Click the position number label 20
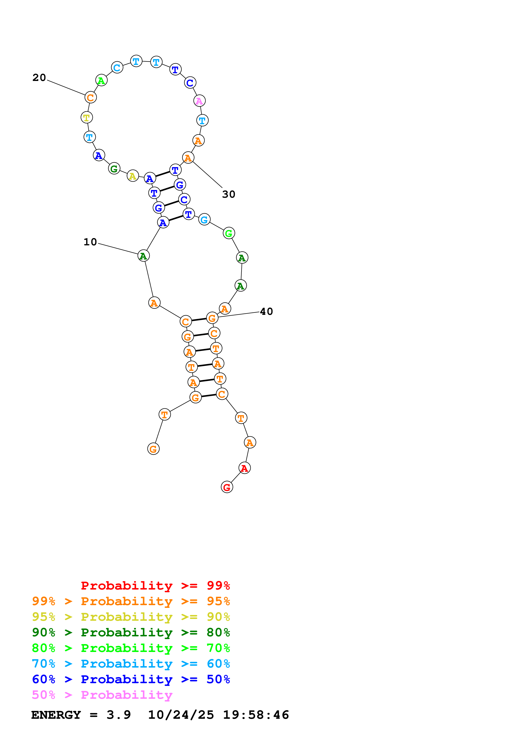coord(39,78)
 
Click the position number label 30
coord(229,194)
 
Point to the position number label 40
coord(266,312)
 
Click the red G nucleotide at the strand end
coord(227,487)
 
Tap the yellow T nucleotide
coord(86,117)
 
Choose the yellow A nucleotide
coord(133,176)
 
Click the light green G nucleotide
coord(229,233)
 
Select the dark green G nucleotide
coord(114,169)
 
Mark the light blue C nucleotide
coord(117,67)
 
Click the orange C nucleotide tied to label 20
coord(91,97)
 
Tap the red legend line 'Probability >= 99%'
coord(155,586)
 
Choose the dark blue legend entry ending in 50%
coord(131,679)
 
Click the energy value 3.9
coord(119,715)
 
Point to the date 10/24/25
coord(181,715)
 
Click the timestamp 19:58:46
coord(256,715)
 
